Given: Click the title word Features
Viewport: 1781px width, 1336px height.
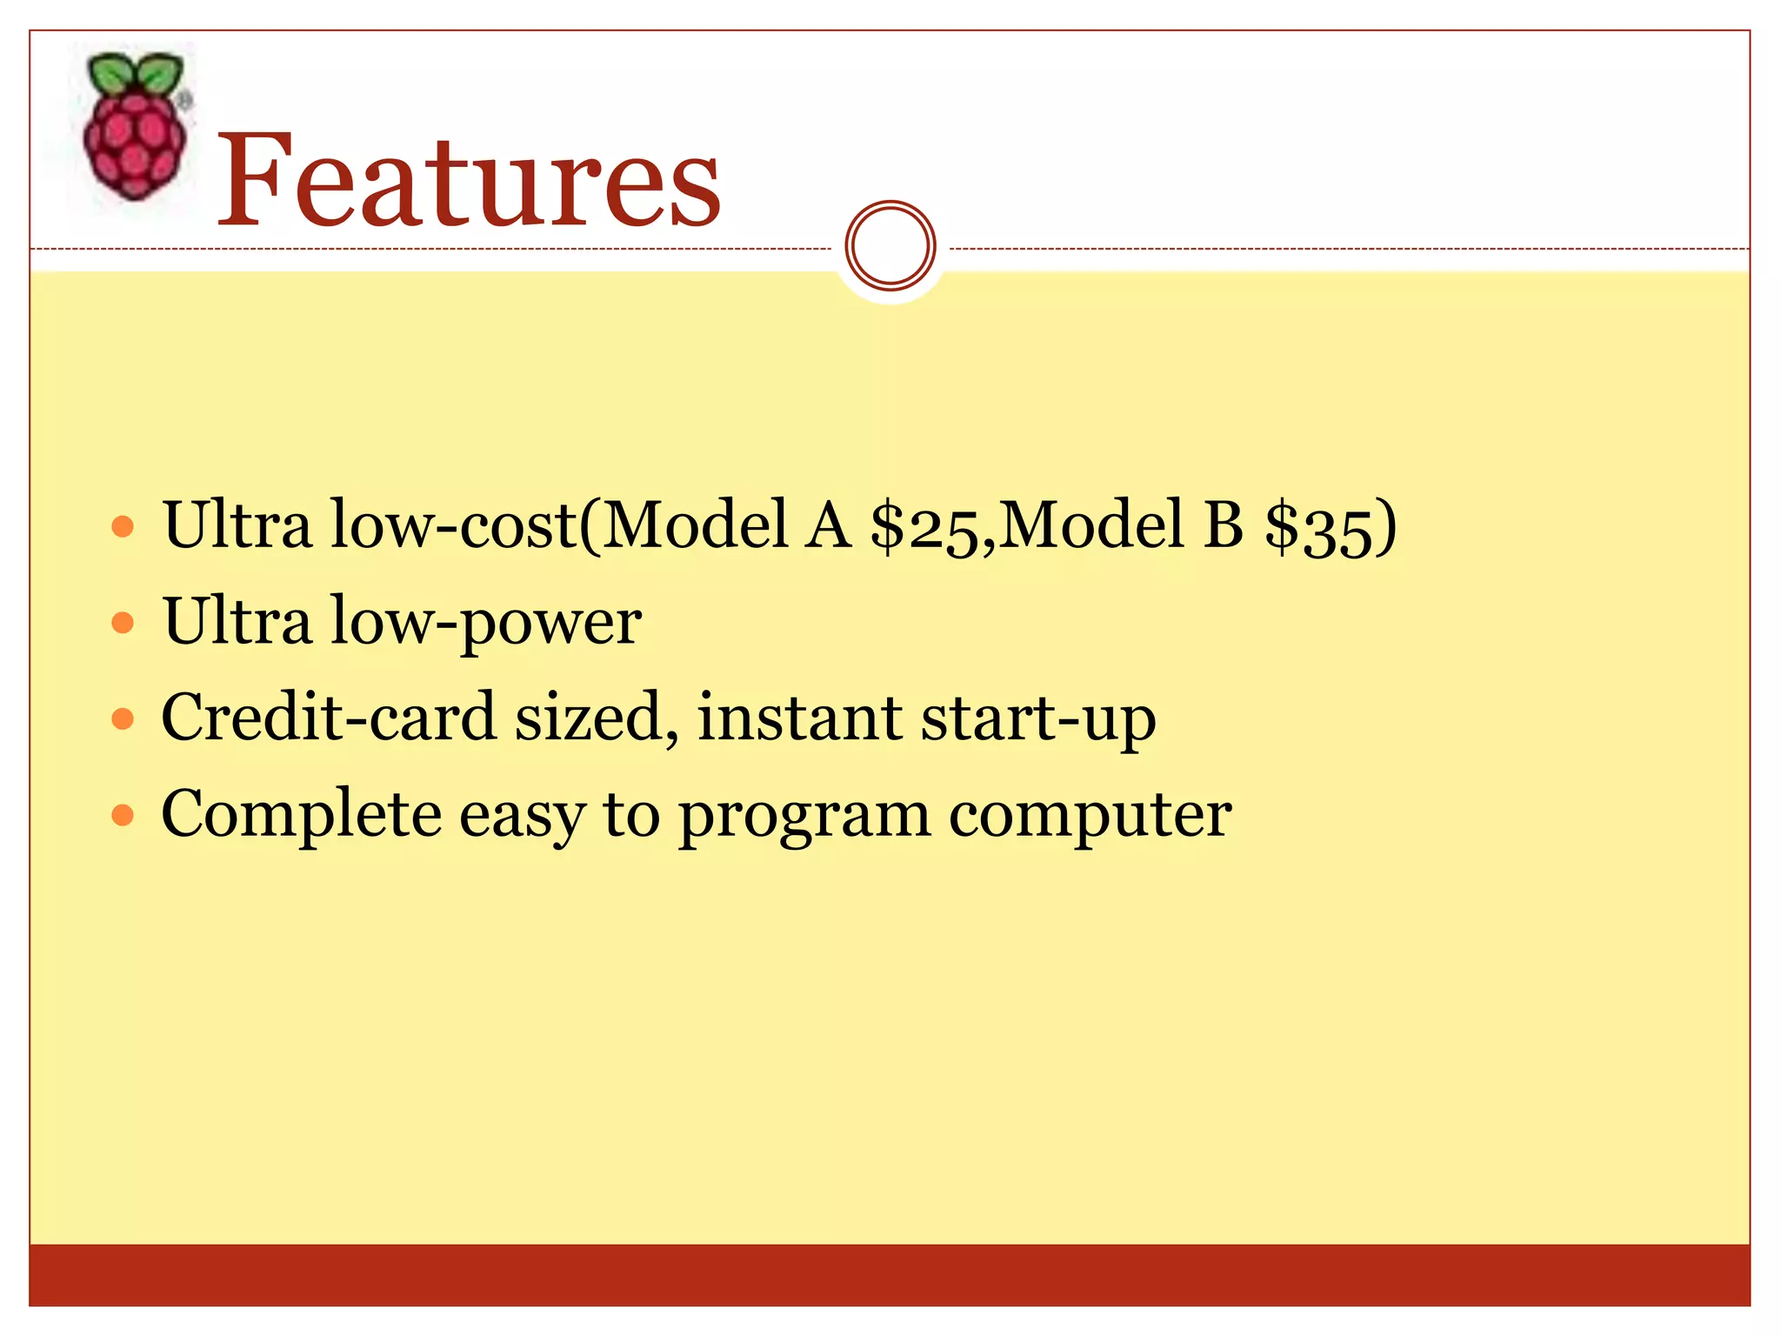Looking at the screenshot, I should click(x=469, y=181).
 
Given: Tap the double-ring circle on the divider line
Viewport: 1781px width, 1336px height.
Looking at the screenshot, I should click(x=890, y=246).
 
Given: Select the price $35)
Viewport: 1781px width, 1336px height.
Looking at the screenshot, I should click(x=1331, y=526).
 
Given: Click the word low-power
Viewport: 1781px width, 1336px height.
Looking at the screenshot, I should click(x=486, y=623).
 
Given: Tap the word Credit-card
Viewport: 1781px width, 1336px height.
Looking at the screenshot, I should click(x=329, y=718).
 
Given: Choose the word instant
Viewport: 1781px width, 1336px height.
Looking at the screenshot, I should click(x=800, y=718).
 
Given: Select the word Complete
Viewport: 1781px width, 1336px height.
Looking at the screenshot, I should click(x=301, y=815).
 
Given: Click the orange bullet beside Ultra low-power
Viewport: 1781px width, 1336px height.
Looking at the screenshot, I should click(x=123, y=623).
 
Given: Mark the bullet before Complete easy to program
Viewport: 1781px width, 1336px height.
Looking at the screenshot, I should click(x=123, y=816).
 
